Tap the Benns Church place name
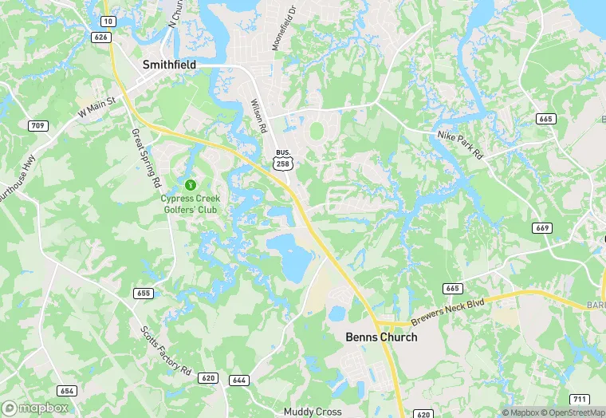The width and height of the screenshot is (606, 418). point(381,337)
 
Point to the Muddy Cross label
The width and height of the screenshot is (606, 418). point(313,412)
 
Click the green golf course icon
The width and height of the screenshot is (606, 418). point(190,184)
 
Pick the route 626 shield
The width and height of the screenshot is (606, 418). point(100,37)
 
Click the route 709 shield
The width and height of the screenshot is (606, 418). point(37,125)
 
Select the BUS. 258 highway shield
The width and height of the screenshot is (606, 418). point(281,160)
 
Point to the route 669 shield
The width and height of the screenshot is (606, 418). point(544,228)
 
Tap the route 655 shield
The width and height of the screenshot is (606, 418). point(144,293)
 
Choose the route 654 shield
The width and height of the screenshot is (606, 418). point(67,389)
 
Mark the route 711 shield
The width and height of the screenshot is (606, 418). point(580,398)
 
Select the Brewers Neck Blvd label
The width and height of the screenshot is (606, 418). point(448,311)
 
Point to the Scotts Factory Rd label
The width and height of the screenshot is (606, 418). point(166,351)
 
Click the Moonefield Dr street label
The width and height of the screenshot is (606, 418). point(282,28)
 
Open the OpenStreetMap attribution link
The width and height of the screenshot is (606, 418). point(572,412)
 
